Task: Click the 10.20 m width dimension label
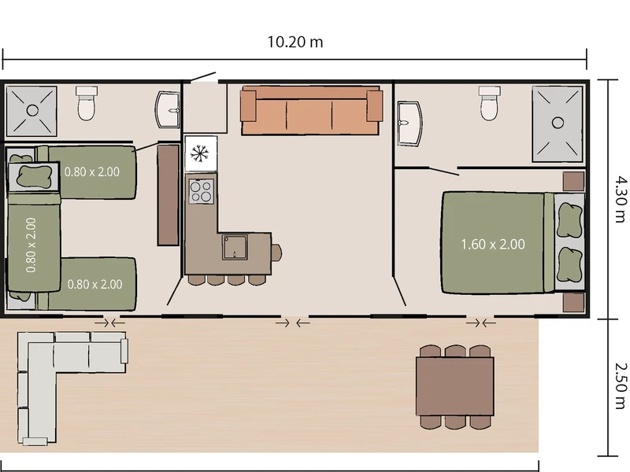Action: coord(295,42)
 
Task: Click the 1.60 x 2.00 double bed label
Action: coord(493,245)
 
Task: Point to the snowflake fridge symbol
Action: coord(200,153)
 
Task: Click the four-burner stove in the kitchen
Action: coord(201,191)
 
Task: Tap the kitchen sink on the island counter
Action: coord(235,247)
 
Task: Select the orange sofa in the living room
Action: coord(311,110)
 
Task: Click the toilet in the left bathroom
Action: coord(87,103)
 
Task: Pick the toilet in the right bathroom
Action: coord(489,103)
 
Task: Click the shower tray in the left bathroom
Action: coord(32,110)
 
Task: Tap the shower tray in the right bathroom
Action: coord(558,124)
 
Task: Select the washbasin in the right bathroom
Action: coord(409,124)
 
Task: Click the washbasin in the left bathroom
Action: coord(167,109)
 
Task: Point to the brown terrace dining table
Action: coord(455,386)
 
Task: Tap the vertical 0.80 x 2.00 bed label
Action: coord(31,245)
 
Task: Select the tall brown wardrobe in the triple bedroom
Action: coord(168,195)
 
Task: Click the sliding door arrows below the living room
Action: coord(293,323)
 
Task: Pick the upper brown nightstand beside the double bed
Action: coord(573,182)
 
